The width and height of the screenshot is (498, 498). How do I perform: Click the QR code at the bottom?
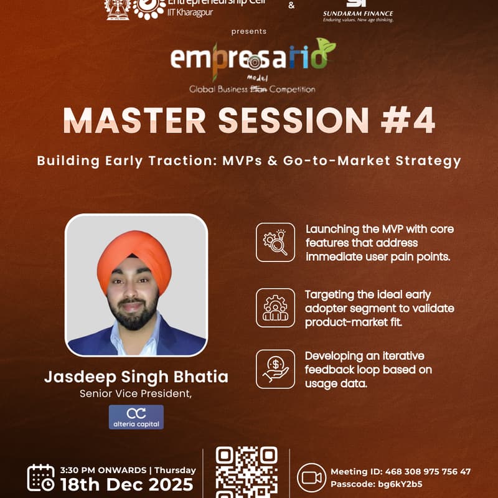(246, 472)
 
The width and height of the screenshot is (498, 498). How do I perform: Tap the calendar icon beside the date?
(40, 477)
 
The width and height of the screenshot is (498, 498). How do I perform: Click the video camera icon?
(311, 477)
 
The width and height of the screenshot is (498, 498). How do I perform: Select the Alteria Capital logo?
(136, 417)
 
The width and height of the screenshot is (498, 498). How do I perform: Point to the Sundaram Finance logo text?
(358, 14)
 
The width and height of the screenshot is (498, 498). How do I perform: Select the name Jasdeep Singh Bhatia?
(136, 377)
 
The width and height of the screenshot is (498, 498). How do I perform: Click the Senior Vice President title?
(136, 393)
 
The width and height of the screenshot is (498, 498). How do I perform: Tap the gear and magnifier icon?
(275, 242)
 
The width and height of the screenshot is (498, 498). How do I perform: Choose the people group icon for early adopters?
(275, 308)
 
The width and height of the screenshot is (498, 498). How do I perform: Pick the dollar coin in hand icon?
(275, 369)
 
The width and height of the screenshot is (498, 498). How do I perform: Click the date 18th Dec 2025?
(126, 484)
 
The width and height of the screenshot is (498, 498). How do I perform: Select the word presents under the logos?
(249, 31)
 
